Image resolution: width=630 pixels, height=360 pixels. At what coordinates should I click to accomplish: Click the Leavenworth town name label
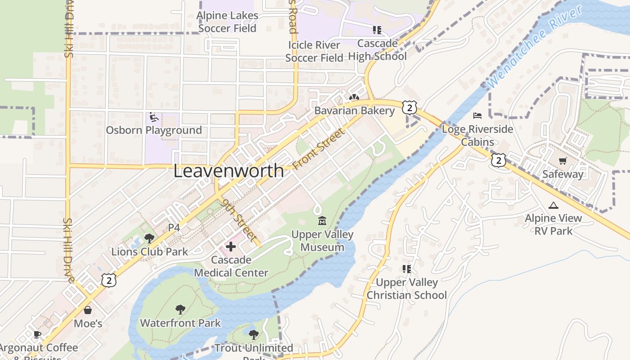pyautogui.click(x=229, y=171)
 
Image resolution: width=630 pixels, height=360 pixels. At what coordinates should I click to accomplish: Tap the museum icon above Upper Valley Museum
pyautogui.click(x=322, y=221)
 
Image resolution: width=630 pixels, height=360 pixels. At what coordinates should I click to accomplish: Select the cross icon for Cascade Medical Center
pyautogui.click(x=231, y=247)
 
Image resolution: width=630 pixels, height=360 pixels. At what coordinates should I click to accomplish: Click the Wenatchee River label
pyautogui.click(x=534, y=47)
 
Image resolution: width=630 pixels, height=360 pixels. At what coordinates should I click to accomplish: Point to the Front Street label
pyautogui.click(x=319, y=149)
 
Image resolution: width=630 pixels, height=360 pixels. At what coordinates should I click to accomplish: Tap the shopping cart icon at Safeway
pyautogui.click(x=562, y=161)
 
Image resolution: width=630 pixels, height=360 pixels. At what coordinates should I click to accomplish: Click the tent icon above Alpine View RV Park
pyautogui.click(x=553, y=206)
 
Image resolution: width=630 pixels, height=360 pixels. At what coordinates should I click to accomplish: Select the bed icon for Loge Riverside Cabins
pyautogui.click(x=477, y=116)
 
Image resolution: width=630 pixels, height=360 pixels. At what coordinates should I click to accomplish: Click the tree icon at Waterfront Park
pyautogui.click(x=180, y=309)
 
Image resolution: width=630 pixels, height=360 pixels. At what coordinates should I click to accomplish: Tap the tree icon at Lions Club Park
pyautogui.click(x=149, y=238)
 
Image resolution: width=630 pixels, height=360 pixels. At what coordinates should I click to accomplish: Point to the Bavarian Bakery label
pyautogui.click(x=354, y=111)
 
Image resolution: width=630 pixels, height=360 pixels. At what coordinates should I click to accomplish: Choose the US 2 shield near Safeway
pyautogui.click(x=499, y=160)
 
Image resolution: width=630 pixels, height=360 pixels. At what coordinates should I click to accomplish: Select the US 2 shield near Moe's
pyautogui.click(x=109, y=280)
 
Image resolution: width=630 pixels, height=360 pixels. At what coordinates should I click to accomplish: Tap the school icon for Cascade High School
pyautogui.click(x=377, y=30)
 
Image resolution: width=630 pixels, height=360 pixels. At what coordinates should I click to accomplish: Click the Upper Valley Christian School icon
pyautogui.click(x=407, y=269)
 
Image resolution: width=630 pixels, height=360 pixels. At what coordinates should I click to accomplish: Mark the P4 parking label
pyautogui.click(x=174, y=228)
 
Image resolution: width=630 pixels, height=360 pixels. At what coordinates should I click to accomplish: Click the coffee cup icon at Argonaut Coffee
pyautogui.click(x=38, y=334)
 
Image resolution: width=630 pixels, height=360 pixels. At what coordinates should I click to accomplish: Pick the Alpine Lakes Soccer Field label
pyautogui.click(x=228, y=22)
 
